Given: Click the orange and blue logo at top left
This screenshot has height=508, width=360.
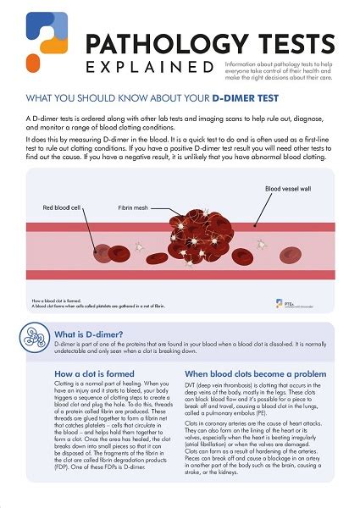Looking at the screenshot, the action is click(x=40, y=40).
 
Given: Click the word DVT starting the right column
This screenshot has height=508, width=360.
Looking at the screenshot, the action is click(x=192, y=385).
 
